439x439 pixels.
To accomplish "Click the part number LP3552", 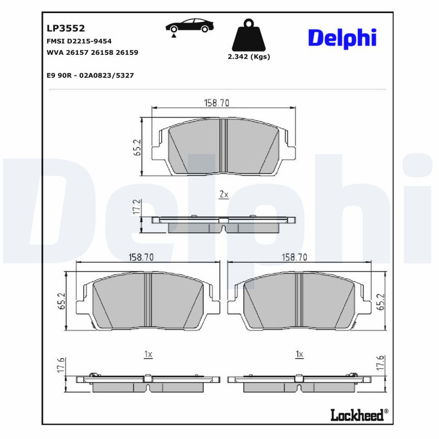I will pyautogui.click(x=65, y=29).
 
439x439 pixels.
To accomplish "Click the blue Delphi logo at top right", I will pyautogui.click(x=342, y=37).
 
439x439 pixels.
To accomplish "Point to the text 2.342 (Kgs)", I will pyautogui.click(x=249, y=57).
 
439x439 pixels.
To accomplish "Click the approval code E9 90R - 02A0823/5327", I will pyautogui.click(x=91, y=75).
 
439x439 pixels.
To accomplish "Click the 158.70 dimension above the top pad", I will pyautogui.click(x=216, y=103).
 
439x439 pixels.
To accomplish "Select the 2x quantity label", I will pyautogui.click(x=223, y=195).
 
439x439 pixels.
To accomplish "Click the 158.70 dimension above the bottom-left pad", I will pyautogui.click(x=140, y=257).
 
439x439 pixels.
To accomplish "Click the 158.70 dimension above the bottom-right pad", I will pyautogui.click(x=294, y=257).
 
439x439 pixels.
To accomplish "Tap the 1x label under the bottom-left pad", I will pyautogui.click(x=148, y=354).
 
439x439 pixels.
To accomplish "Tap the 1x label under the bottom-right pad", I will pyautogui.click(x=299, y=354).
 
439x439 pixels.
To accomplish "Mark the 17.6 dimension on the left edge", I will pyautogui.click(x=61, y=365).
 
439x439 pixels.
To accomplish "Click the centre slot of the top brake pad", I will pyautogui.click(x=223, y=145).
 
